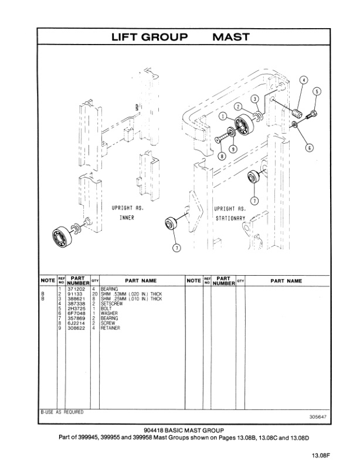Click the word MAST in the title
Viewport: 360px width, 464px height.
(230, 37)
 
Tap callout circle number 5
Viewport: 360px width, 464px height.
(317, 92)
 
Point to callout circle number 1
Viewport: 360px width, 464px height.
(223, 117)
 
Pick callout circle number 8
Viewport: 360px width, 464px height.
(222, 156)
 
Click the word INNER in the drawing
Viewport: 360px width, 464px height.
(127, 217)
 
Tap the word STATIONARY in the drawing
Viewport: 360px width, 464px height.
(229, 217)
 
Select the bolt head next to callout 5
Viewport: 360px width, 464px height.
(312, 114)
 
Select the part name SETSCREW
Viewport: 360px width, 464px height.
(111, 303)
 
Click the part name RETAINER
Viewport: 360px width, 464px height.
(111, 328)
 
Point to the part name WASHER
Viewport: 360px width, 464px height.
(109, 313)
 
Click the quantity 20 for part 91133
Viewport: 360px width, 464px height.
(94, 294)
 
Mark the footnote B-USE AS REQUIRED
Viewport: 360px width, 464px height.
(62, 412)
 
